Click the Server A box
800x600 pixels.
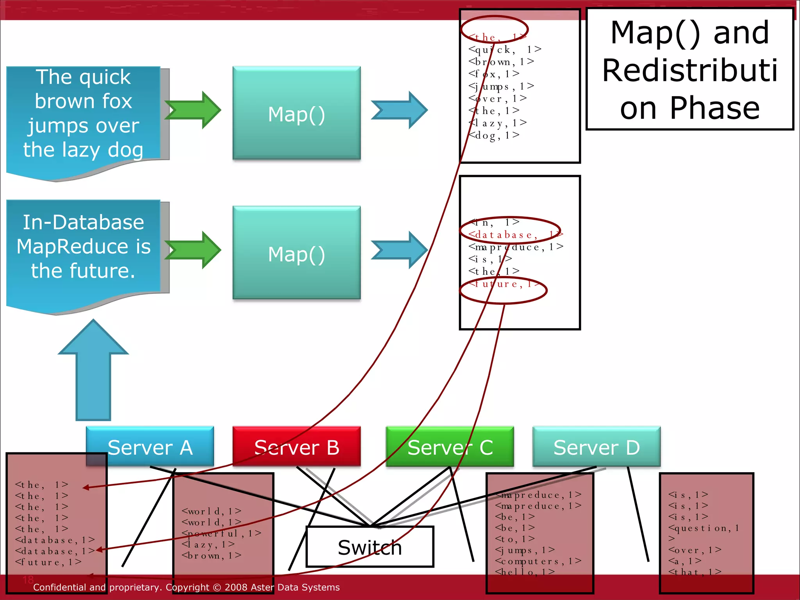(150, 446)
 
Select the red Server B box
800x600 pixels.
(296, 446)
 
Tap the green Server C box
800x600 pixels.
(450, 446)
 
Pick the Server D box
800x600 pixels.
(596, 446)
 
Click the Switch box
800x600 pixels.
(370, 547)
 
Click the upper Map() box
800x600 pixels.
(296, 113)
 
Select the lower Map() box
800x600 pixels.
(296, 253)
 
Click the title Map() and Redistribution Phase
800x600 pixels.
(690, 69)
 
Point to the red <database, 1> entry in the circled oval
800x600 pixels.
(504, 235)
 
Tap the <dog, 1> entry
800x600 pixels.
(494, 136)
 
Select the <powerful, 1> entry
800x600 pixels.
(221, 533)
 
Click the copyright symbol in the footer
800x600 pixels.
(218, 587)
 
